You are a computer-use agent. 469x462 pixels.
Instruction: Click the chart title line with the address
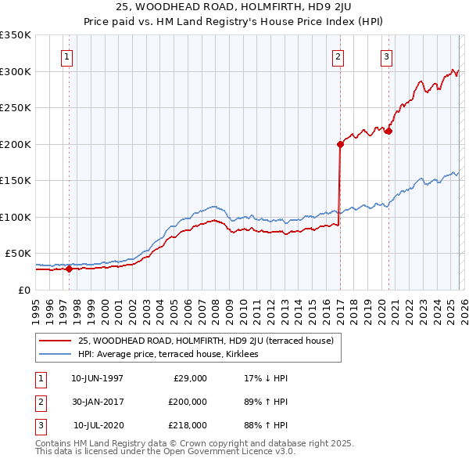(234, 8)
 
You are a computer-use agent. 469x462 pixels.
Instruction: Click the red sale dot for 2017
(340, 144)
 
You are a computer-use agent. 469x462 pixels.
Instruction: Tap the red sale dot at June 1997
(69, 269)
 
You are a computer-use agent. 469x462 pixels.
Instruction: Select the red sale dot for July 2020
(388, 131)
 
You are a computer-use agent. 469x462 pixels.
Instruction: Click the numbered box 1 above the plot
(66, 56)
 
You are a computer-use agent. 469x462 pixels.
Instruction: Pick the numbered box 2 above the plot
(338, 56)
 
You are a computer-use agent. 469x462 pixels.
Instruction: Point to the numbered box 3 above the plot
(386, 56)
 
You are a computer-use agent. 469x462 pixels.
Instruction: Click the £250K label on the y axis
(16, 108)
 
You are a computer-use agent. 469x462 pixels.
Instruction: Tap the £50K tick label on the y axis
(18, 254)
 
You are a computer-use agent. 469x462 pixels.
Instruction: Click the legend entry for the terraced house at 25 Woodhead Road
(206, 341)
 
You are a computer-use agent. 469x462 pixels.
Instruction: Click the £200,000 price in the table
(188, 402)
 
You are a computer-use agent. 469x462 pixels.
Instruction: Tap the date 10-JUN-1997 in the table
(97, 378)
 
